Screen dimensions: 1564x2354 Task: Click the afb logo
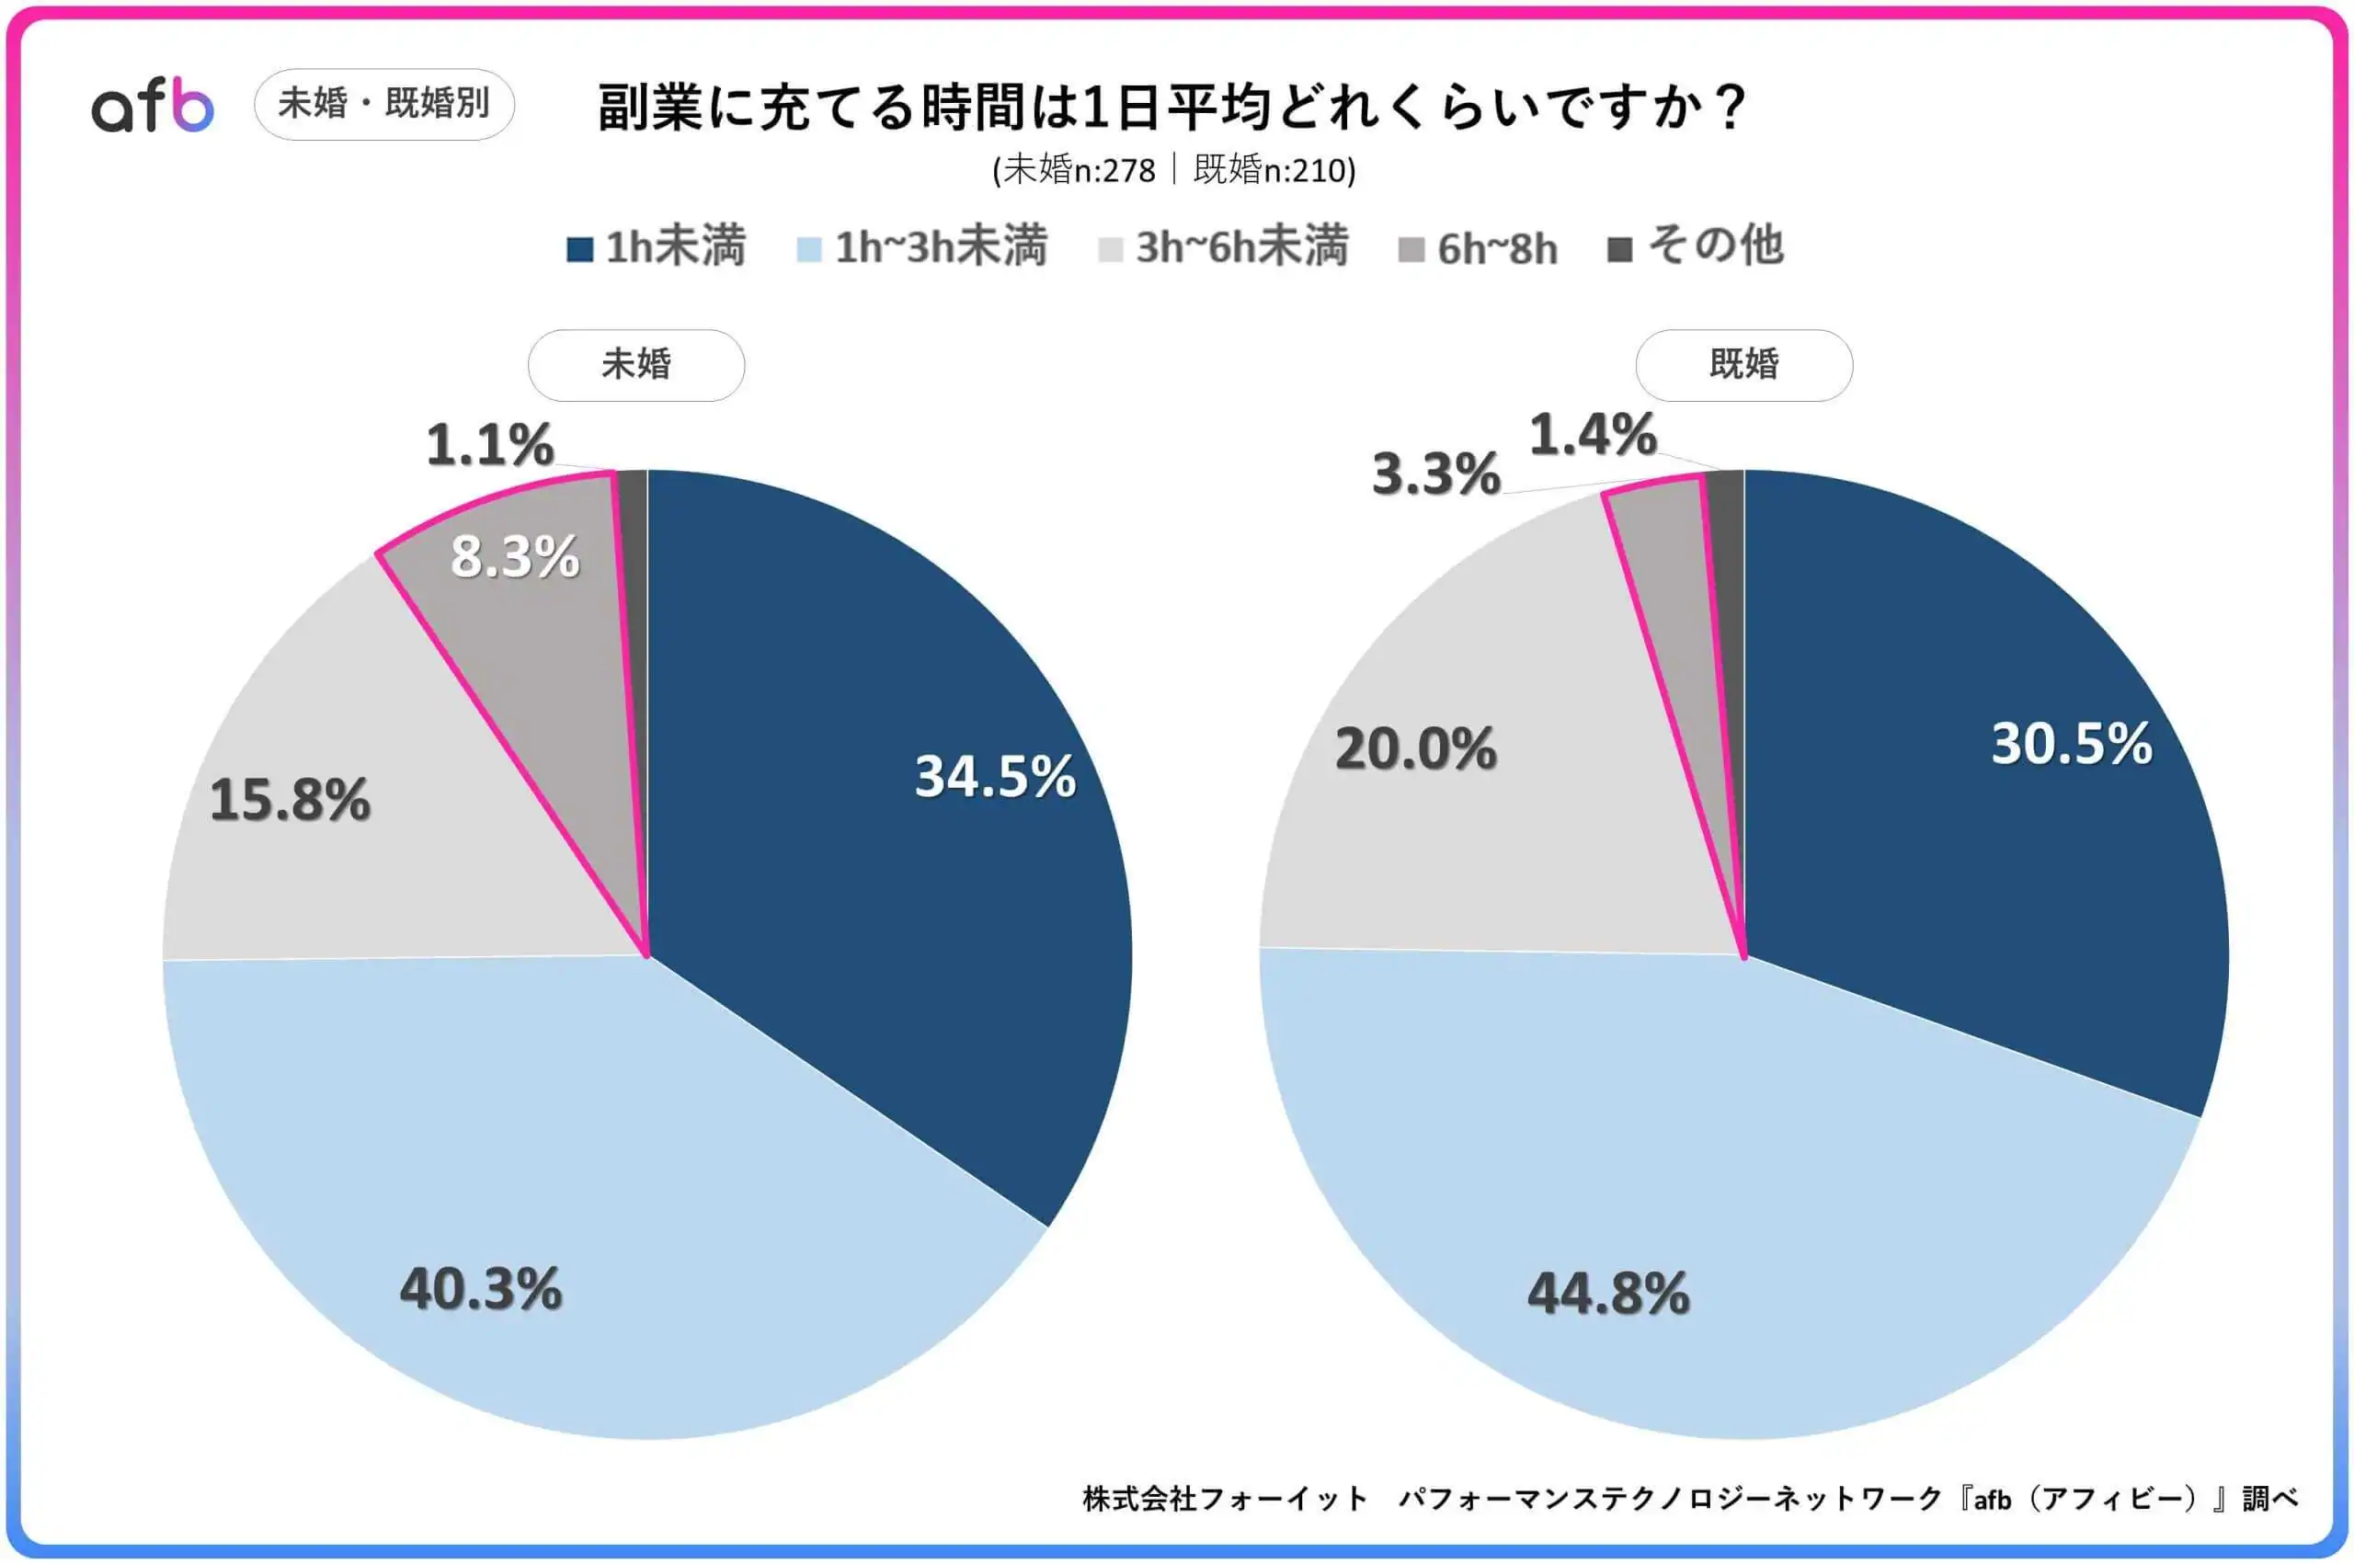pos(153,107)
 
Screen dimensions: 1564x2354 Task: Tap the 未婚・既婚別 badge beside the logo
pos(384,104)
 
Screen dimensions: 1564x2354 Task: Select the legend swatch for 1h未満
pos(579,248)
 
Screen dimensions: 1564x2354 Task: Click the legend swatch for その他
pos(1620,249)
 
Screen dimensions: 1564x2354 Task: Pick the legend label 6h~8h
pos(1497,248)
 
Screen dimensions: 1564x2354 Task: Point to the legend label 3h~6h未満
pos(1242,246)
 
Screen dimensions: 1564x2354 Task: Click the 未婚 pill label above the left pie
pos(636,365)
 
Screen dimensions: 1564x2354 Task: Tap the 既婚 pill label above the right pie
pos(1743,365)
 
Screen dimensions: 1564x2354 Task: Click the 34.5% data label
pos(996,776)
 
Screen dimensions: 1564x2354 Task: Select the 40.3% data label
pos(481,1289)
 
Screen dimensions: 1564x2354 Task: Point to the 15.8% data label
pos(291,800)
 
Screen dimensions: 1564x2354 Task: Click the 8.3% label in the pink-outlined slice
pos(515,556)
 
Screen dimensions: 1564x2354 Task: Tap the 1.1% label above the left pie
pos(490,445)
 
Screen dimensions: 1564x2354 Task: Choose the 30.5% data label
pos(2072,743)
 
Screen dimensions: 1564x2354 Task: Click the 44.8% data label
pos(1609,1294)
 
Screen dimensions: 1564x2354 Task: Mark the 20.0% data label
pos(1416,748)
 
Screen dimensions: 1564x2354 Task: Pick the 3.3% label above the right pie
pos(1436,474)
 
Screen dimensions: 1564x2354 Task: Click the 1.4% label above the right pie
pos(1593,435)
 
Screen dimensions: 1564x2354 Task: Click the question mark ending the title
pos(1733,107)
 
